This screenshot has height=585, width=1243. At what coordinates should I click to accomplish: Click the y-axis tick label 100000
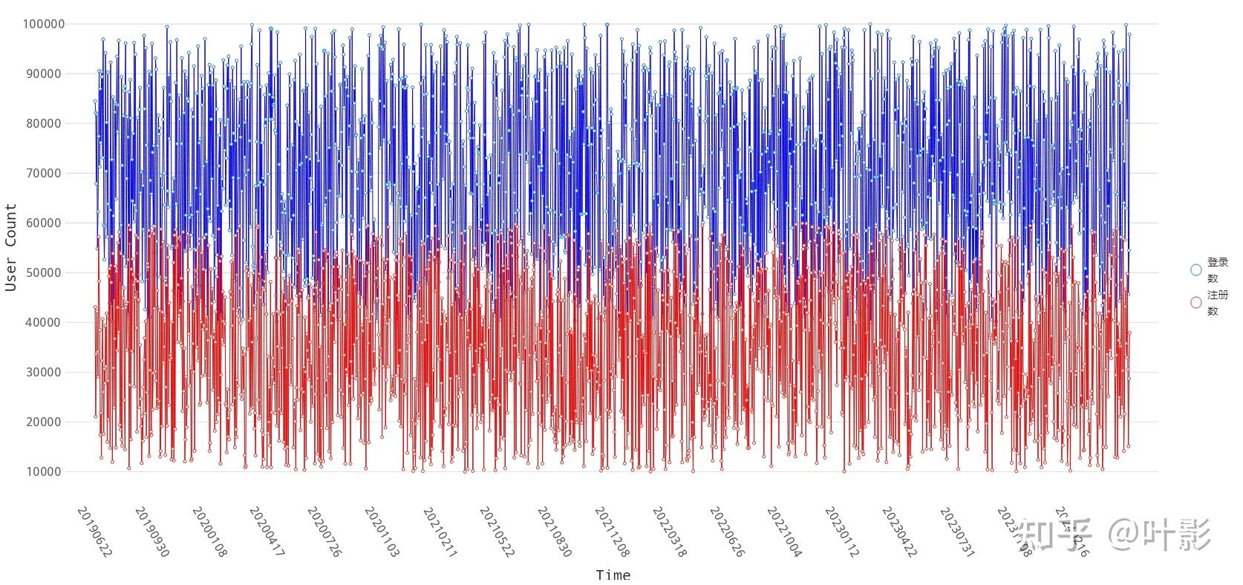coord(43,24)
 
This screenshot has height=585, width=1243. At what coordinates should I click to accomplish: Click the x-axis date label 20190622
coord(94,532)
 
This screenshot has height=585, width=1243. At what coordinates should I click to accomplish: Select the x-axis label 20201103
coord(382,532)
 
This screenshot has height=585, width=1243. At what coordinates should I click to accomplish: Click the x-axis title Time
coord(613,575)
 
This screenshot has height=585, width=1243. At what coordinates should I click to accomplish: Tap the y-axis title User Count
coord(11,247)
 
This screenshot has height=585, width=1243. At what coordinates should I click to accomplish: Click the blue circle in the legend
coord(1195,269)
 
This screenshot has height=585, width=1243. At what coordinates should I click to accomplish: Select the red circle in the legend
coord(1195,302)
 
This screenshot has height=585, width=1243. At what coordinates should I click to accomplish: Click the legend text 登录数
coord(1216,270)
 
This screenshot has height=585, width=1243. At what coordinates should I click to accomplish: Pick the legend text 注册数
coord(1216,303)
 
